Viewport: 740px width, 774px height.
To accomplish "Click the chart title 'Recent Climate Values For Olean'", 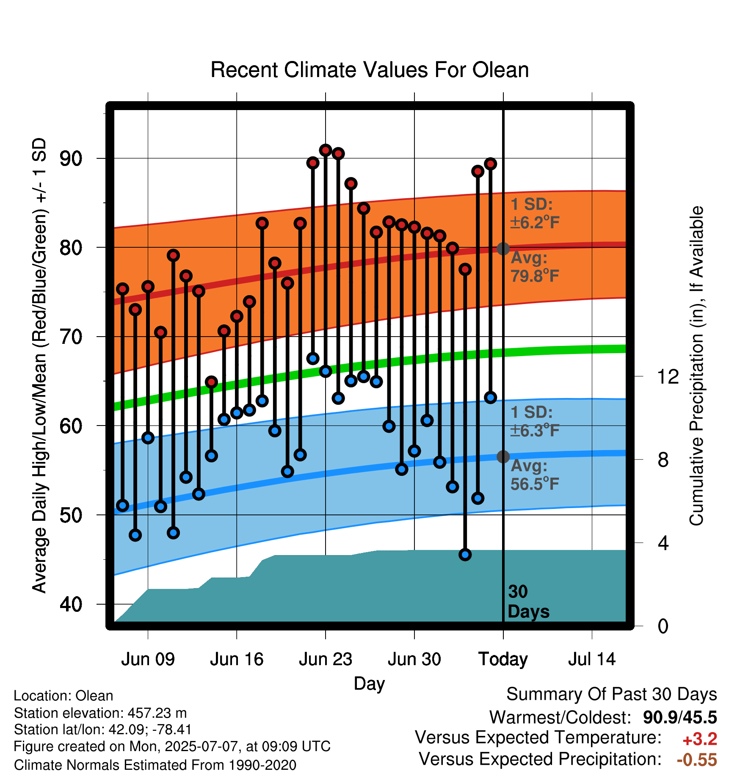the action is pyautogui.click(x=370, y=70).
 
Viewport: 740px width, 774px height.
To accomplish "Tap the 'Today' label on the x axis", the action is pyautogui.click(x=503, y=660).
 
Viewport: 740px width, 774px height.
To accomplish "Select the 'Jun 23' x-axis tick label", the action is pyautogui.click(x=326, y=659).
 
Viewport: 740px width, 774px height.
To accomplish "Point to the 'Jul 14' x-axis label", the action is pyautogui.click(x=592, y=659).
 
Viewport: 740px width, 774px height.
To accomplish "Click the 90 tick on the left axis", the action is pyautogui.click(x=71, y=159).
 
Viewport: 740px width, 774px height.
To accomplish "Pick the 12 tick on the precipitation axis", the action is pyautogui.click(x=668, y=376).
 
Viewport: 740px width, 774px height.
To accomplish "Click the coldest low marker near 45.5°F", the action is pyautogui.click(x=465, y=555).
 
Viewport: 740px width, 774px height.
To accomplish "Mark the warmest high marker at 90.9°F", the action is pyautogui.click(x=326, y=150).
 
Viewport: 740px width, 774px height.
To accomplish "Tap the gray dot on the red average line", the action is pyautogui.click(x=503, y=249).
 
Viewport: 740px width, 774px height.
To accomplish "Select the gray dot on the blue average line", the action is pyautogui.click(x=503, y=456).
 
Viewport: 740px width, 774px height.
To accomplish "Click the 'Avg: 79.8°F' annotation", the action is pyautogui.click(x=535, y=267).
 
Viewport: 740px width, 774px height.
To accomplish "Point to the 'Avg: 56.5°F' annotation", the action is pyautogui.click(x=535, y=475).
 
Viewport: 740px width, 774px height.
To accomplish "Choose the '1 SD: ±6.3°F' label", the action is pyautogui.click(x=535, y=421).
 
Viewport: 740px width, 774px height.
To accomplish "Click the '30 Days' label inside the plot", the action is pyautogui.click(x=528, y=602).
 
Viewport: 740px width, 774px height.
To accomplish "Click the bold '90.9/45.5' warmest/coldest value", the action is pyautogui.click(x=680, y=717).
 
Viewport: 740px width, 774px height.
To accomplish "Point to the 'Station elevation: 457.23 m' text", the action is pyautogui.click(x=100, y=713).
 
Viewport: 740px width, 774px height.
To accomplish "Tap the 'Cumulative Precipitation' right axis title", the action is pyautogui.click(x=696, y=366).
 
